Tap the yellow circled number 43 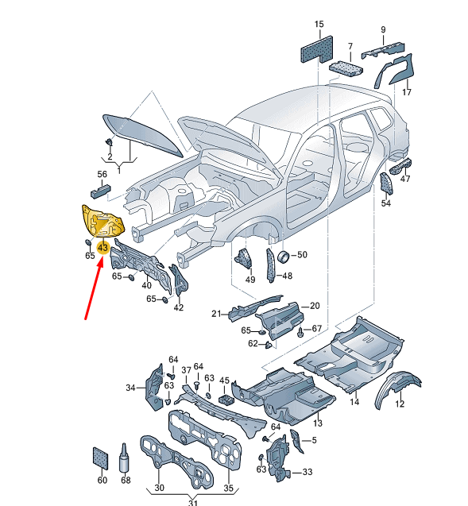(x=103, y=248)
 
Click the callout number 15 (x=319, y=24)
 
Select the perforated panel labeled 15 (x=317, y=49)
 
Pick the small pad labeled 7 (x=346, y=68)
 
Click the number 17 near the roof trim (x=407, y=92)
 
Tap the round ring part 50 (x=284, y=256)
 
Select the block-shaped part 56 (x=100, y=191)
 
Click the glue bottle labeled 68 (x=124, y=458)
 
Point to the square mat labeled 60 (x=100, y=458)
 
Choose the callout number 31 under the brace (x=193, y=502)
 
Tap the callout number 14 (x=354, y=402)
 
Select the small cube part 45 (x=227, y=400)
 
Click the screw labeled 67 (x=301, y=332)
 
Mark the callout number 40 (x=146, y=285)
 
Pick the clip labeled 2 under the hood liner (x=110, y=142)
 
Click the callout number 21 (x=217, y=313)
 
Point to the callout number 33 (x=307, y=472)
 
